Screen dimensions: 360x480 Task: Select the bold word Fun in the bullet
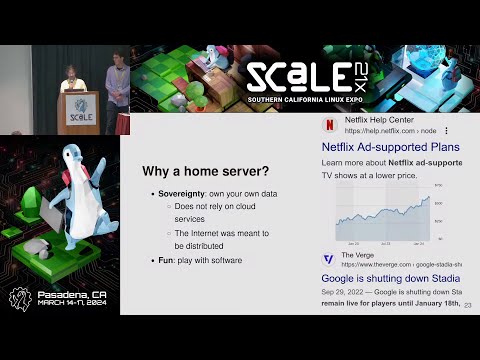click(x=166, y=260)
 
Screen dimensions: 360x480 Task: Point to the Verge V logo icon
click(x=328, y=259)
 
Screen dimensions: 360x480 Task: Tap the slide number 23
click(x=468, y=306)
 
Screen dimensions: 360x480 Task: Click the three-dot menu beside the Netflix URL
click(x=446, y=131)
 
